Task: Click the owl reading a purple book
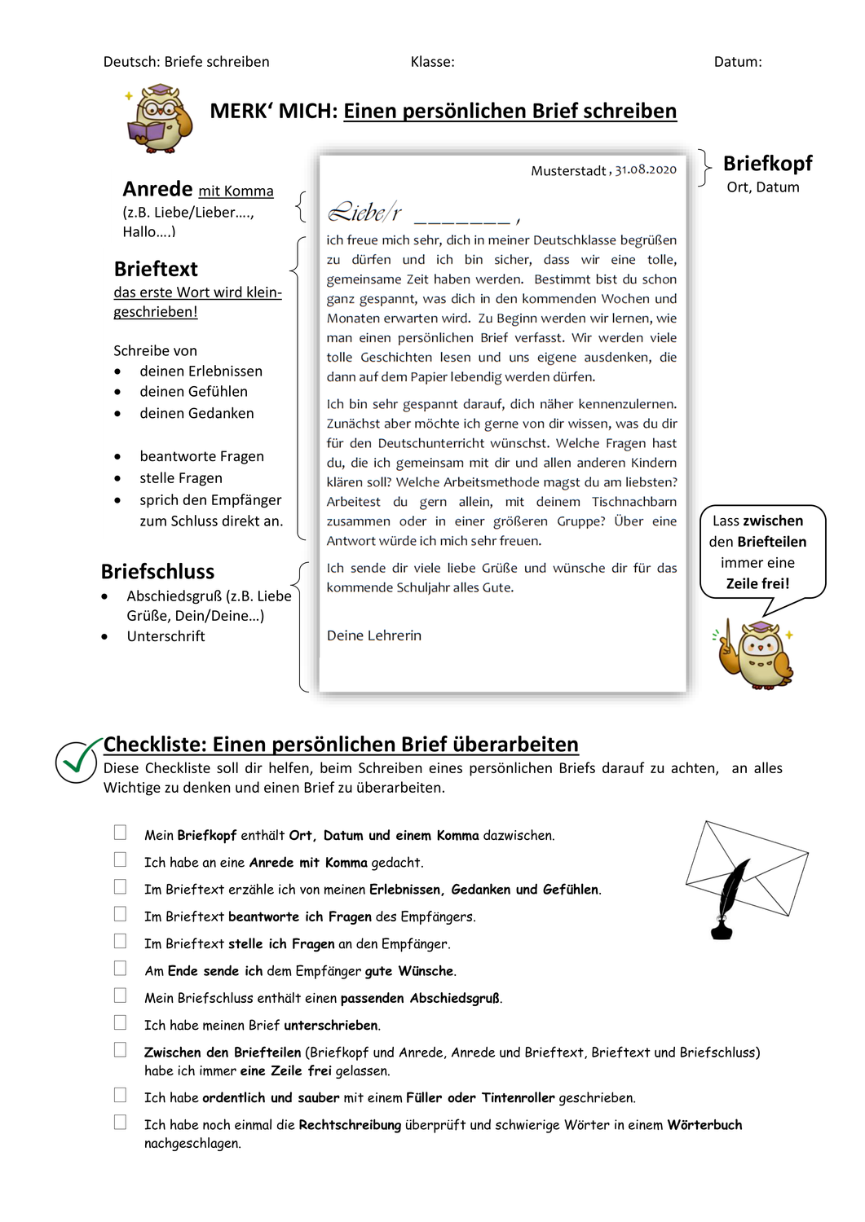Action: [x=160, y=120]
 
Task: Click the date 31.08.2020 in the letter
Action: [x=646, y=169]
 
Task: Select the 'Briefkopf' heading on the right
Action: [x=767, y=164]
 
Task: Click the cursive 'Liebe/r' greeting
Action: [x=364, y=213]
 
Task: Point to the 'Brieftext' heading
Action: [x=156, y=269]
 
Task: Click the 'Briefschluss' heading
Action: [x=157, y=571]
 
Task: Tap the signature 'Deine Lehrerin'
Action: [x=374, y=635]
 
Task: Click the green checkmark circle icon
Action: [x=77, y=761]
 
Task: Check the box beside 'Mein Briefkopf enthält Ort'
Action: [x=120, y=833]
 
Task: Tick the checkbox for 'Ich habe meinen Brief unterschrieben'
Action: [x=120, y=1022]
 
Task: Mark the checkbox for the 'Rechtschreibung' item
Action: [x=120, y=1123]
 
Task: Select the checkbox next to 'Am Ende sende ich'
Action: [x=120, y=968]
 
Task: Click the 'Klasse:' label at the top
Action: [x=432, y=62]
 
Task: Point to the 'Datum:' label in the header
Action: [x=737, y=62]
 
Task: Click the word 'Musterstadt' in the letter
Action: [x=568, y=171]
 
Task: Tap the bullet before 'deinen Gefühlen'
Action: [x=118, y=393]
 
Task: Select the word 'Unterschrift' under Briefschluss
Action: [x=165, y=636]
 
